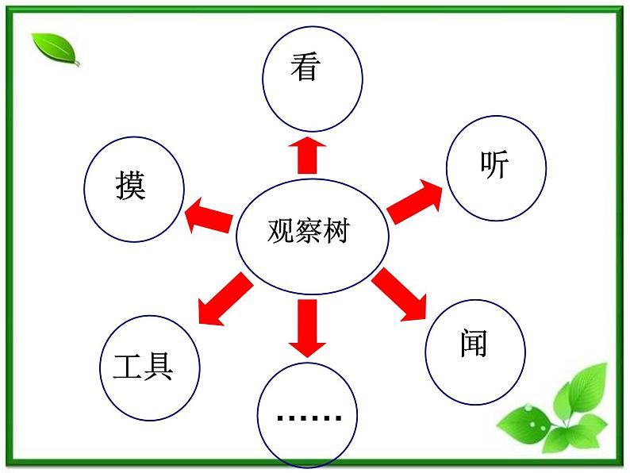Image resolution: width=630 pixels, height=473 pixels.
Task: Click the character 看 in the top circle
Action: click(x=305, y=67)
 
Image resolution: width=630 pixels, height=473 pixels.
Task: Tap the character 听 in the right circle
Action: click(x=494, y=164)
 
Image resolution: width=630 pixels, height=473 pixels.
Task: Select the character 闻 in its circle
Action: click(x=473, y=344)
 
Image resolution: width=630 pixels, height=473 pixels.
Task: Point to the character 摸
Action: click(x=130, y=187)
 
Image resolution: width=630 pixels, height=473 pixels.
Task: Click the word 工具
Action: click(x=144, y=367)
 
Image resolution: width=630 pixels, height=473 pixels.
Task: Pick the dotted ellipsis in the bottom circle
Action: click(x=309, y=417)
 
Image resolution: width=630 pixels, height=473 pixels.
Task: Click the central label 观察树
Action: click(x=309, y=232)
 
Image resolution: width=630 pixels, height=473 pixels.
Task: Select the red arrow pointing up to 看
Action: click(x=306, y=154)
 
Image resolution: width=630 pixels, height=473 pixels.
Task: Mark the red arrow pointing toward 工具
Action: click(x=224, y=298)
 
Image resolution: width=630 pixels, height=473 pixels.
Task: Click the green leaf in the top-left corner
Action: click(x=56, y=49)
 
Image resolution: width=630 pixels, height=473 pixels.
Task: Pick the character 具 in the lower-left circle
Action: click(x=159, y=367)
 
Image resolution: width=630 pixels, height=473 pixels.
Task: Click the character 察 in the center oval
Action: click(x=308, y=232)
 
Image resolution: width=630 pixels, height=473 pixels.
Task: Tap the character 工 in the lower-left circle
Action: click(x=128, y=367)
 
